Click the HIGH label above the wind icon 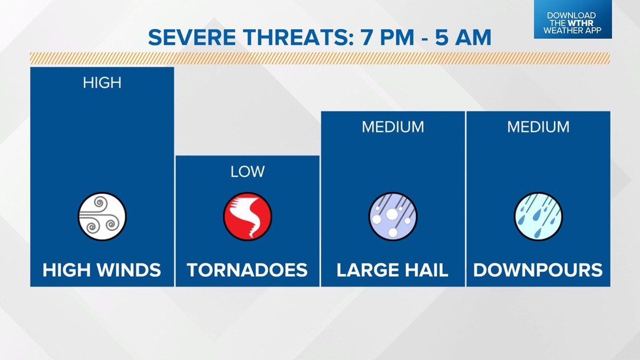102,83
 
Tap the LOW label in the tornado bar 248,171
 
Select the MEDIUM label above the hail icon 392,127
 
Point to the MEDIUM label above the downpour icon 538,127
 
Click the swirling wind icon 102,216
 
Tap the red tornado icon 248,216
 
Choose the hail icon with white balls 392,216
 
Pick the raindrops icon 538,216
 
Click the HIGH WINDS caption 102,270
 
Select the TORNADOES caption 248,270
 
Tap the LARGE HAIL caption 392,270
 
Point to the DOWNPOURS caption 538,270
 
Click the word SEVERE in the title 192,38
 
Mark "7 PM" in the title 387,38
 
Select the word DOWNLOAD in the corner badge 572,16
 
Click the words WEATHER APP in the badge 572,30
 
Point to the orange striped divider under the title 320,58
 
